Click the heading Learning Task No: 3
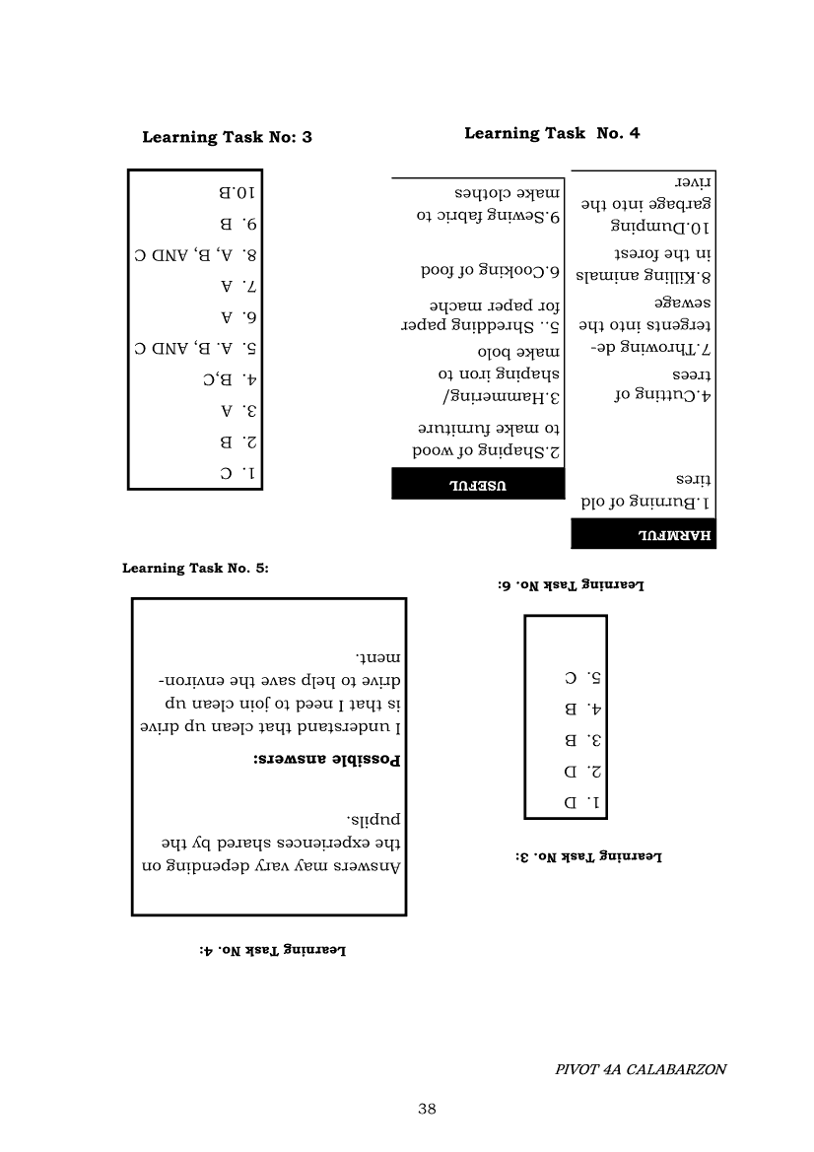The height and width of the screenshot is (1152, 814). tap(227, 138)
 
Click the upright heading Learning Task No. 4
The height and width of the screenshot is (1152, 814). tap(552, 133)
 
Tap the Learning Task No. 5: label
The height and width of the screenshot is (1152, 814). tap(195, 568)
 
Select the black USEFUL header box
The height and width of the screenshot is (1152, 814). tap(478, 483)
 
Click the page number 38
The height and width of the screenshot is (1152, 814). tap(427, 1109)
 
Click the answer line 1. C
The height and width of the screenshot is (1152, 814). tap(239, 472)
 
